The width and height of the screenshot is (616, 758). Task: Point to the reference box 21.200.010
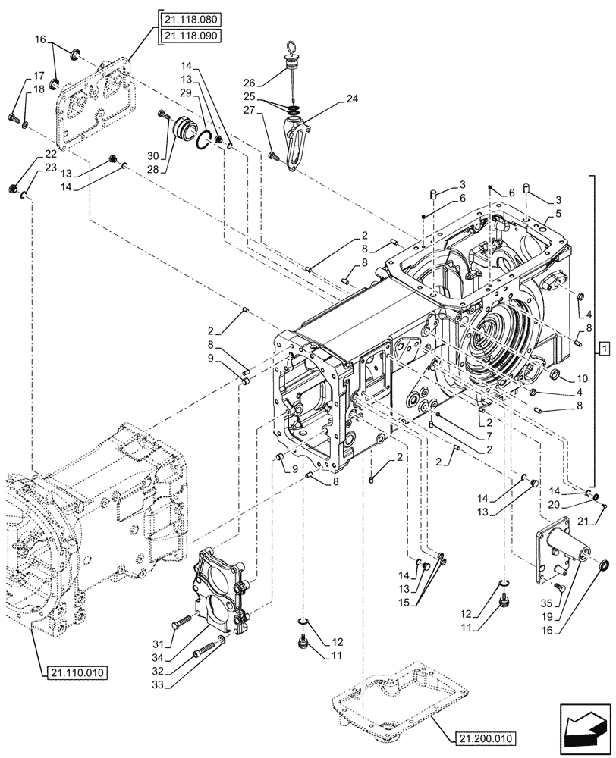click(486, 737)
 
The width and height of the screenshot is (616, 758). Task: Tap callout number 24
click(351, 98)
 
